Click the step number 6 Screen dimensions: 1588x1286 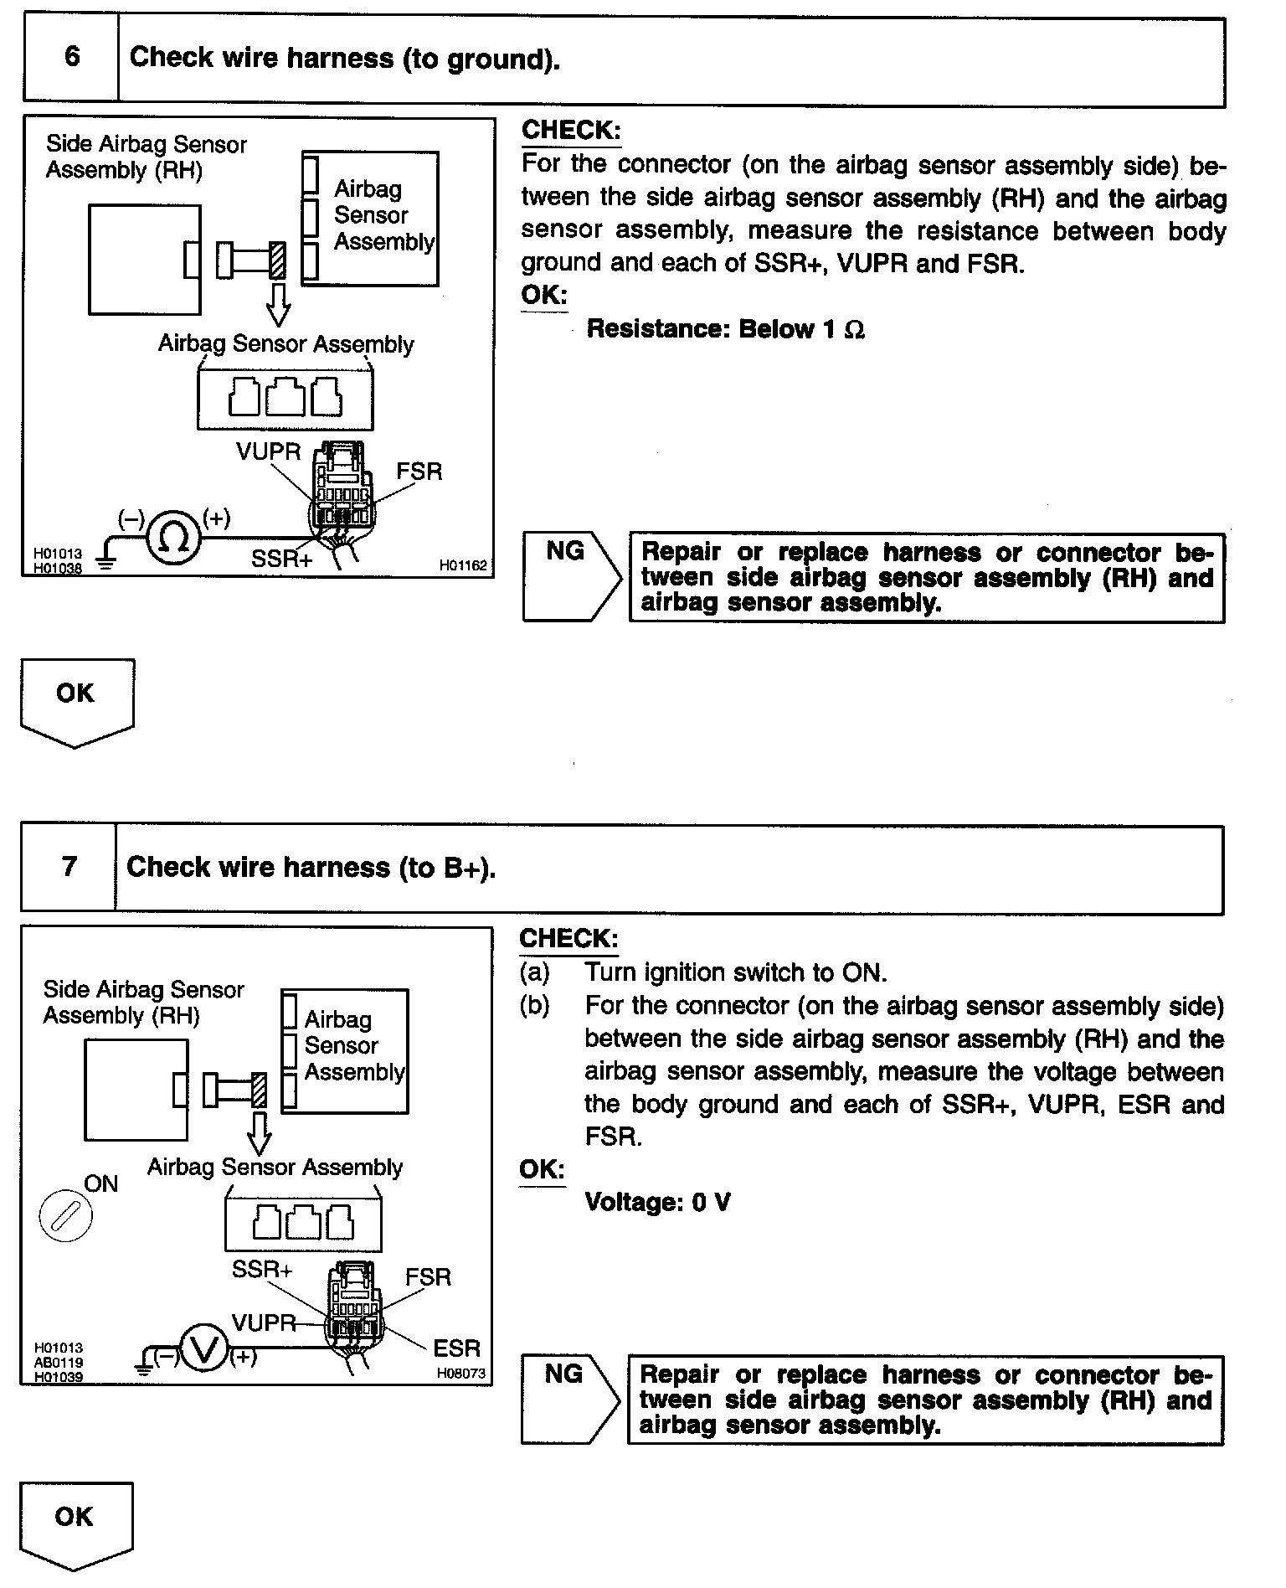click(72, 57)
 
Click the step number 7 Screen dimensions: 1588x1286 click(69, 866)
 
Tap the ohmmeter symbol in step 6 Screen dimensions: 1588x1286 click(174, 539)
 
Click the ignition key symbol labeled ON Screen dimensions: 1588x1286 click(65, 1215)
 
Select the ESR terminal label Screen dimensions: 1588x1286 click(456, 1348)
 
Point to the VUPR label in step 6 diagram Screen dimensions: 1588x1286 click(268, 451)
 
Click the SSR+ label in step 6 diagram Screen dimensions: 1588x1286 click(281, 559)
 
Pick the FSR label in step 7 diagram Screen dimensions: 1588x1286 click(428, 1276)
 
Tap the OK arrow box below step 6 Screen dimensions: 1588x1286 click(76, 700)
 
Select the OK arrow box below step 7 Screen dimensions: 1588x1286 click(75, 1524)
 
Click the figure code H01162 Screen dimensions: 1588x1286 click(463, 566)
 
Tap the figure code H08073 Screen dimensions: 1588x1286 click(460, 1374)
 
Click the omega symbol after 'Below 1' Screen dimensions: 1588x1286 click(854, 330)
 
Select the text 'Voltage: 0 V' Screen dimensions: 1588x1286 click(657, 1203)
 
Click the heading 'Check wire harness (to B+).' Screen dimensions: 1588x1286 click(311, 867)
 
